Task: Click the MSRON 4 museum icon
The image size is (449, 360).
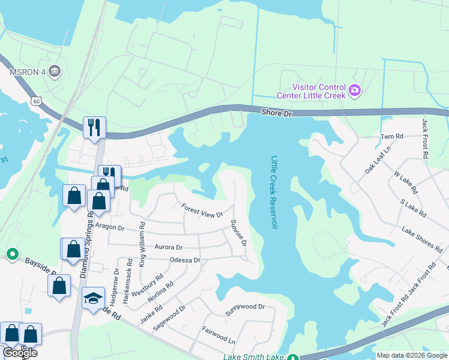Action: (55, 72)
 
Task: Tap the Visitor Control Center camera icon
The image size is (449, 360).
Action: (355, 90)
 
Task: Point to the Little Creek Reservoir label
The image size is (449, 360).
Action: (274, 192)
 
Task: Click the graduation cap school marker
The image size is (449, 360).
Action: (93, 298)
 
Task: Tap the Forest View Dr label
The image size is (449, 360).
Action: (202, 211)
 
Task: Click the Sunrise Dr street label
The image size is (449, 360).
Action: (238, 233)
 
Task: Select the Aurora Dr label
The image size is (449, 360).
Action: (168, 247)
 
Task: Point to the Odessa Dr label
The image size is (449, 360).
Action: (185, 260)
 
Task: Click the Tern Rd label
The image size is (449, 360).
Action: (391, 137)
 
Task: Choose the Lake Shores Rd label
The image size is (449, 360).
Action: (422, 239)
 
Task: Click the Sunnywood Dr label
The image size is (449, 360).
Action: (244, 307)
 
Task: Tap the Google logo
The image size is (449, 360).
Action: (20, 353)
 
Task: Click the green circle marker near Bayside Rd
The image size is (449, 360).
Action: (12, 254)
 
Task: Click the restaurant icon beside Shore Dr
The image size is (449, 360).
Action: (94, 127)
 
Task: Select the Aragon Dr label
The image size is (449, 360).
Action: (109, 228)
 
